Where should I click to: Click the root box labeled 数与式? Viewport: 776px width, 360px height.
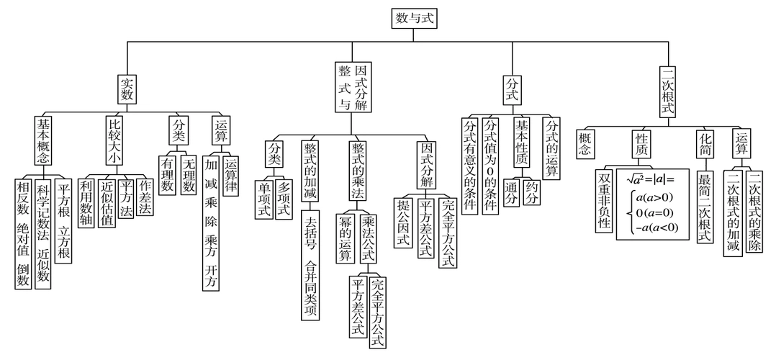click(x=416, y=18)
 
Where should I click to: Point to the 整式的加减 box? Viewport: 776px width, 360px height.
click(x=310, y=171)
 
